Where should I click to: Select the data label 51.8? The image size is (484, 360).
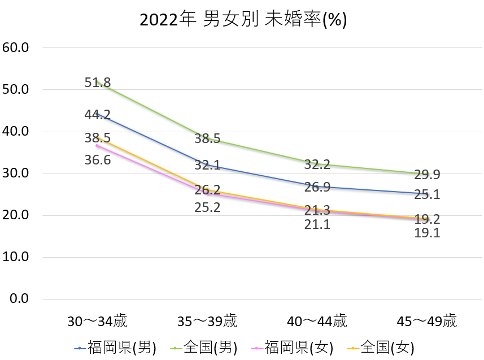[97, 83]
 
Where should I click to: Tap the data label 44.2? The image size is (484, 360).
[97, 115]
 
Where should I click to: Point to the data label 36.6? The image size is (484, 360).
[97, 160]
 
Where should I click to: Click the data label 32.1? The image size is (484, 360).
[207, 166]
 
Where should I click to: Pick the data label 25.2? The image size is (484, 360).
[207, 207]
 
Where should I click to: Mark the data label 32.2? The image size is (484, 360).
[317, 165]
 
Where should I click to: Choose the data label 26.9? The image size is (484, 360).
[317, 187]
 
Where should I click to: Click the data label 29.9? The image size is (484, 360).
[427, 175]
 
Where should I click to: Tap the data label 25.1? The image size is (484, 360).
[427, 195]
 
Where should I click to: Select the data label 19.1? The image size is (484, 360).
[427, 233]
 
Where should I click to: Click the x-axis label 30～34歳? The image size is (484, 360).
[97, 322]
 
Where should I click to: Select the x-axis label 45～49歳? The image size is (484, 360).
[427, 322]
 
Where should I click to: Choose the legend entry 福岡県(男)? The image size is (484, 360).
[115, 346]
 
